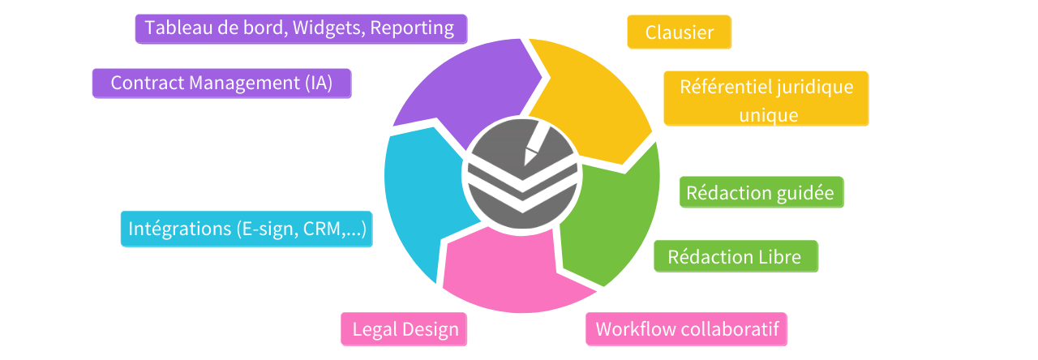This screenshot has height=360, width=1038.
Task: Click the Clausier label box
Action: [x=680, y=32]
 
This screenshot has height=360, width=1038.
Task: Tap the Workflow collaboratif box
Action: [x=687, y=329]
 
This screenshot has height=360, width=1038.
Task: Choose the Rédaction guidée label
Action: [x=761, y=193]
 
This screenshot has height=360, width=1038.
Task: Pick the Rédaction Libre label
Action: [x=735, y=257]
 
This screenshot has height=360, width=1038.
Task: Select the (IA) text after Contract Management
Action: [x=320, y=83]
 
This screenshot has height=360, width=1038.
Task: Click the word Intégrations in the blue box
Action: [x=177, y=229]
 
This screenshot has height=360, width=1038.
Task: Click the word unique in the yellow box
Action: [x=768, y=115]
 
